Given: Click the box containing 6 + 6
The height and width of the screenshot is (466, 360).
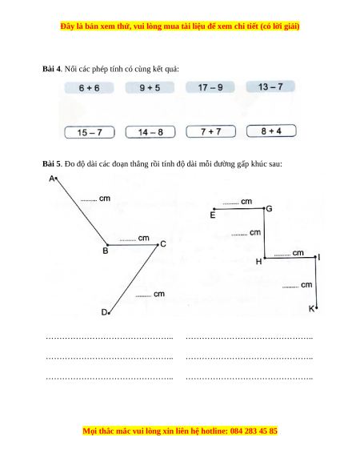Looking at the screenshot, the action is pos(89,88).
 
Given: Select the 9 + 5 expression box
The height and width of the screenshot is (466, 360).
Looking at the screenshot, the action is pos(150,87).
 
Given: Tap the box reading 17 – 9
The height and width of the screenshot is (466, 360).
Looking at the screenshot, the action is pos(210,87).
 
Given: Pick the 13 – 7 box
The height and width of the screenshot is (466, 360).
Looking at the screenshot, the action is pos(270,86).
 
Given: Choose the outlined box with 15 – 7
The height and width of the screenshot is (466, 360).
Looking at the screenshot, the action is pos(90,132).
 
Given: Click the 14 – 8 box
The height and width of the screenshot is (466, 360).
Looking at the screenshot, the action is pos(150,132).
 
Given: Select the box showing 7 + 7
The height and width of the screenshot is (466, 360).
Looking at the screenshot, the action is pos(211,131).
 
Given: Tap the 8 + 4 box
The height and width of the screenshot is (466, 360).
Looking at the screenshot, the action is pos(271,131).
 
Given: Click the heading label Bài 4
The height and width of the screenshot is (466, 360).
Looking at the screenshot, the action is pos(51,69).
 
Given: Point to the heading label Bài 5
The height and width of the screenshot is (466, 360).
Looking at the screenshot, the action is pos(51,164).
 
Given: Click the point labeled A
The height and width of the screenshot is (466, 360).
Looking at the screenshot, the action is pos(52,179).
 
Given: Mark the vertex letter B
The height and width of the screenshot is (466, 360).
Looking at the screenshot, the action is pos(105,251).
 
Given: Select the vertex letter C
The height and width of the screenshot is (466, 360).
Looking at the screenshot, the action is pos(163,244).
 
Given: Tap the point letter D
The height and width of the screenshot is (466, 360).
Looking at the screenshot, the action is pos(104,312).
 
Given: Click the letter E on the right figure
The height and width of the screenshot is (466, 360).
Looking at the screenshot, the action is pos(213,215).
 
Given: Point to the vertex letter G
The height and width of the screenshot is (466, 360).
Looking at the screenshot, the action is pos(269,209).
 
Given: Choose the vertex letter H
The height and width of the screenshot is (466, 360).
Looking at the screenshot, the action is pos(258,262).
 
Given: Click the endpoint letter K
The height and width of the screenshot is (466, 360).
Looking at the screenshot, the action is pos(311,309).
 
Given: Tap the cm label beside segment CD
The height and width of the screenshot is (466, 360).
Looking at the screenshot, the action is pos(159,294).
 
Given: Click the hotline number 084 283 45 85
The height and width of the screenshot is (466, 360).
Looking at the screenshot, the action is pos(254,431).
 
